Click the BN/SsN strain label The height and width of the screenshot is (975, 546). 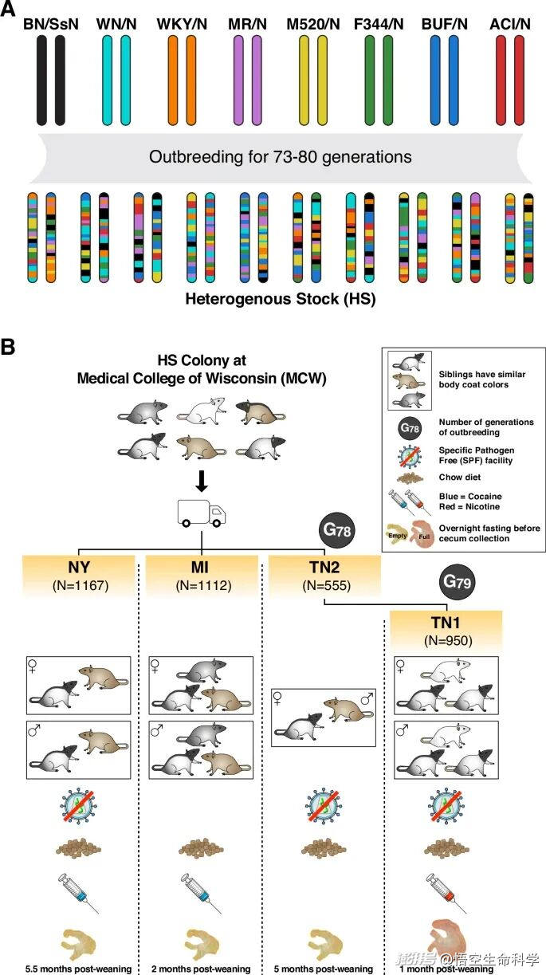pyautogui.click(x=51, y=22)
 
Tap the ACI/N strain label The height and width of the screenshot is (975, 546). pyautogui.click(x=511, y=22)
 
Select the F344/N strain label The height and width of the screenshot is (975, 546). pyautogui.click(x=379, y=22)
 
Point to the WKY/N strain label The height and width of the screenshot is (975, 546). pyautogui.click(x=182, y=22)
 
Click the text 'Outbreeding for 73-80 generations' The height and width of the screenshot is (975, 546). pyautogui.click(x=280, y=156)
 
